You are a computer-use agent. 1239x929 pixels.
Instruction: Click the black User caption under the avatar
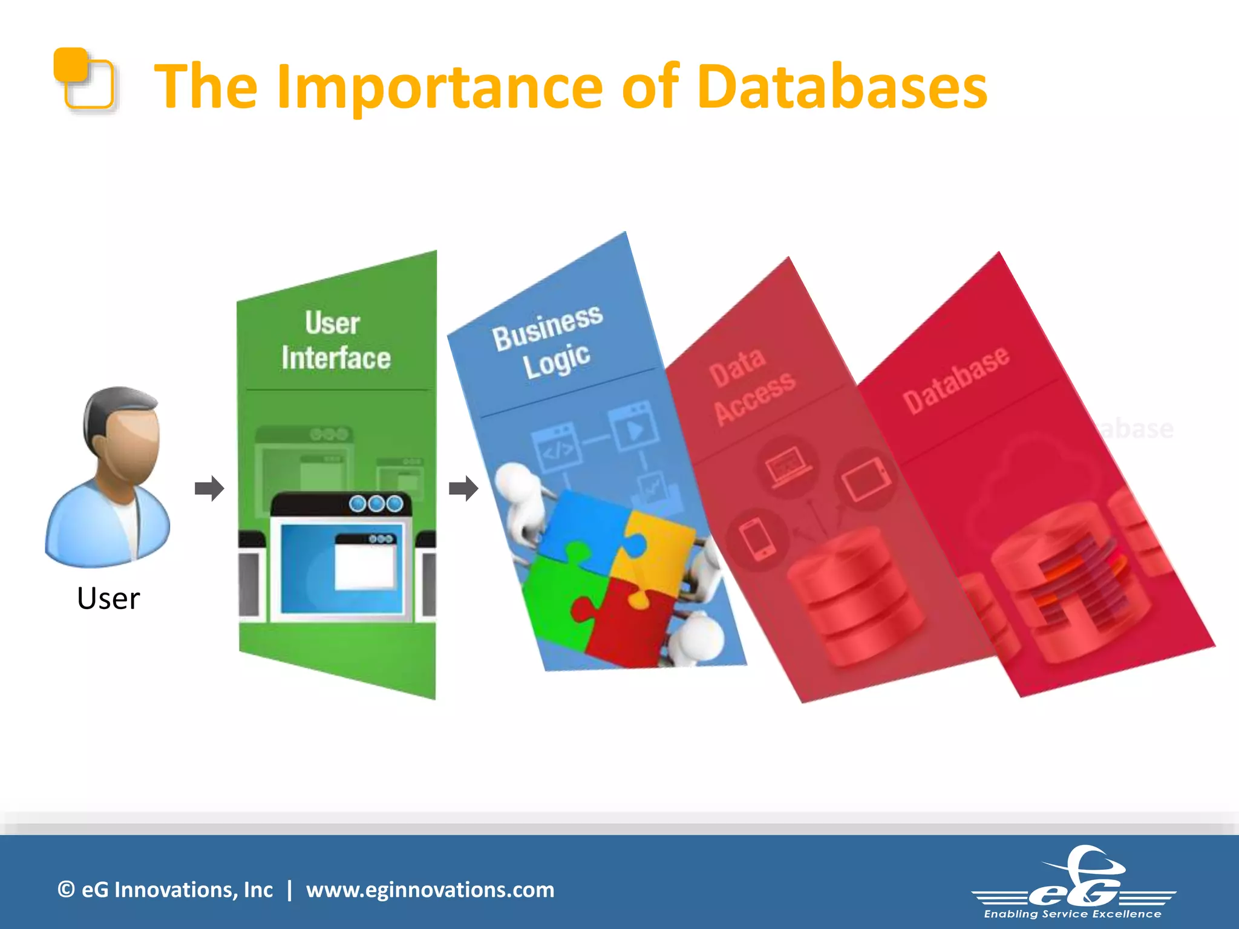click(108, 598)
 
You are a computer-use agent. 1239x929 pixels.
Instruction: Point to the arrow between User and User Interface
click(209, 488)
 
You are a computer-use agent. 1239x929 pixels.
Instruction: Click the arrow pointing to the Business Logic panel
click(463, 488)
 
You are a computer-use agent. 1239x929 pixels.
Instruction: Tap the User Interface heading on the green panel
click(335, 340)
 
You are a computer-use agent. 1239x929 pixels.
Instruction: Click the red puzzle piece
click(629, 623)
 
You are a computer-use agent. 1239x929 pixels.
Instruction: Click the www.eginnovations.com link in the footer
click(430, 890)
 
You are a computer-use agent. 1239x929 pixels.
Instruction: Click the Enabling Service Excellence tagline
click(1073, 914)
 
